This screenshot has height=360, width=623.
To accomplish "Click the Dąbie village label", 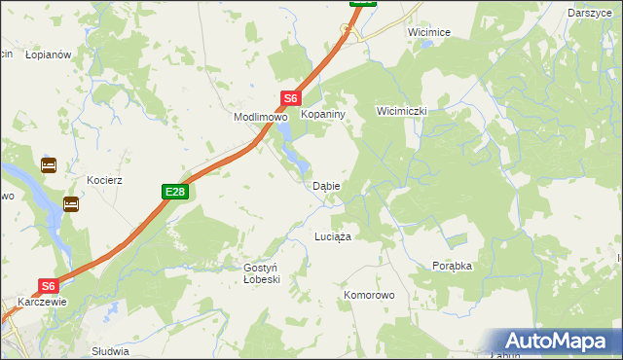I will pyautogui.click(x=325, y=186).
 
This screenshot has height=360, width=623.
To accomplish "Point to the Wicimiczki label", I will pyautogui.click(x=402, y=111).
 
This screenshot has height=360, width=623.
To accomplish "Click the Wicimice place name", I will pyautogui.click(x=429, y=32).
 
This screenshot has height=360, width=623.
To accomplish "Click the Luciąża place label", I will pyautogui.click(x=332, y=236).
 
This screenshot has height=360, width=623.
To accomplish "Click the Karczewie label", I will pyautogui.click(x=41, y=302).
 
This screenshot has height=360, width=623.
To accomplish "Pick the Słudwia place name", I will pyautogui.click(x=109, y=351).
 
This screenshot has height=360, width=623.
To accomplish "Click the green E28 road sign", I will pyautogui.click(x=174, y=193).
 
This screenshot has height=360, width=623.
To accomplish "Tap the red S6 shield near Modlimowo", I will pyautogui.click(x=291, y=98).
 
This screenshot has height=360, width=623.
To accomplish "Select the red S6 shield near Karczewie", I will pyautogui.click(x=50, y=286).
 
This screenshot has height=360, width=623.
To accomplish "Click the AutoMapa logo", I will pyautogui.click(x=559, y=341).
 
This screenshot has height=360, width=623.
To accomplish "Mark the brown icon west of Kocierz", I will pyautogui.click(x=49, y=165).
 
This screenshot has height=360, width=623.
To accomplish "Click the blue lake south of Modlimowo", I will pyautogui.click(x=289, y=150).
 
